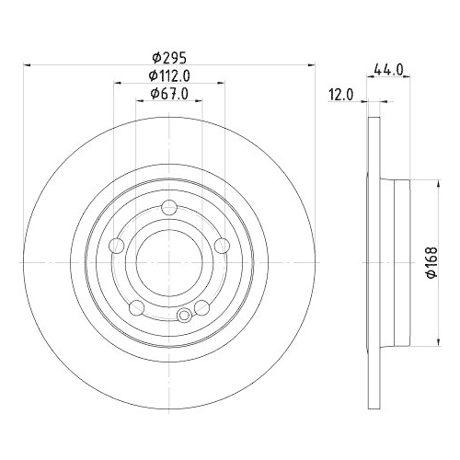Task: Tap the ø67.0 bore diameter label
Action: (169, 93)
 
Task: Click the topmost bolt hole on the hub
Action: (169, 206)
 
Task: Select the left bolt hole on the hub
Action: (117, 245)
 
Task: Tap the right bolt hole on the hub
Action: (222, 245)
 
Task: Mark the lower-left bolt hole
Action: (137, 306)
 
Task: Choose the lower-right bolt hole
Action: (201, 306)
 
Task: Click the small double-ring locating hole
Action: (184, 317)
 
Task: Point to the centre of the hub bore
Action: (169, 261)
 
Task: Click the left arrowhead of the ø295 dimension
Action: (27, 64)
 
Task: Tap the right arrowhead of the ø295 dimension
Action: (312, 64)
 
